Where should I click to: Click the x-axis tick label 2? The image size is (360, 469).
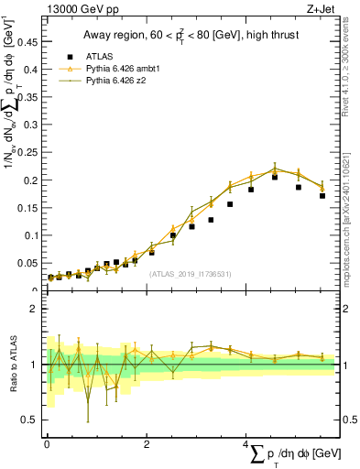tap(147, 444)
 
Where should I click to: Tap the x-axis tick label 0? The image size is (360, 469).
tap(47, 444)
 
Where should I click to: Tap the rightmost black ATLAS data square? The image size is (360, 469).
tap(322, 195)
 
